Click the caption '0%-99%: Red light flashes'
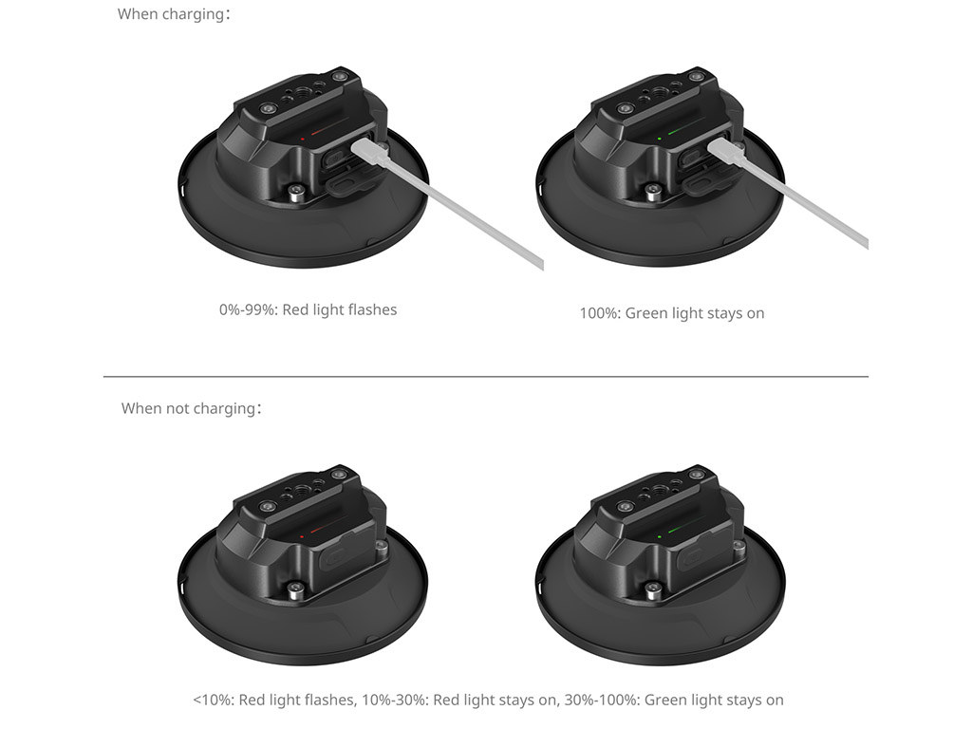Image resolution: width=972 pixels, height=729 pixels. (x=308, y=310)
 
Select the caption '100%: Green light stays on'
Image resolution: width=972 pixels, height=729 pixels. (x=672, y=313)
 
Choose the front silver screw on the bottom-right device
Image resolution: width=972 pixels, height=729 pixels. (x=654, y=589)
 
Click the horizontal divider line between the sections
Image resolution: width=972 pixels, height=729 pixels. (x=485, y=376)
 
